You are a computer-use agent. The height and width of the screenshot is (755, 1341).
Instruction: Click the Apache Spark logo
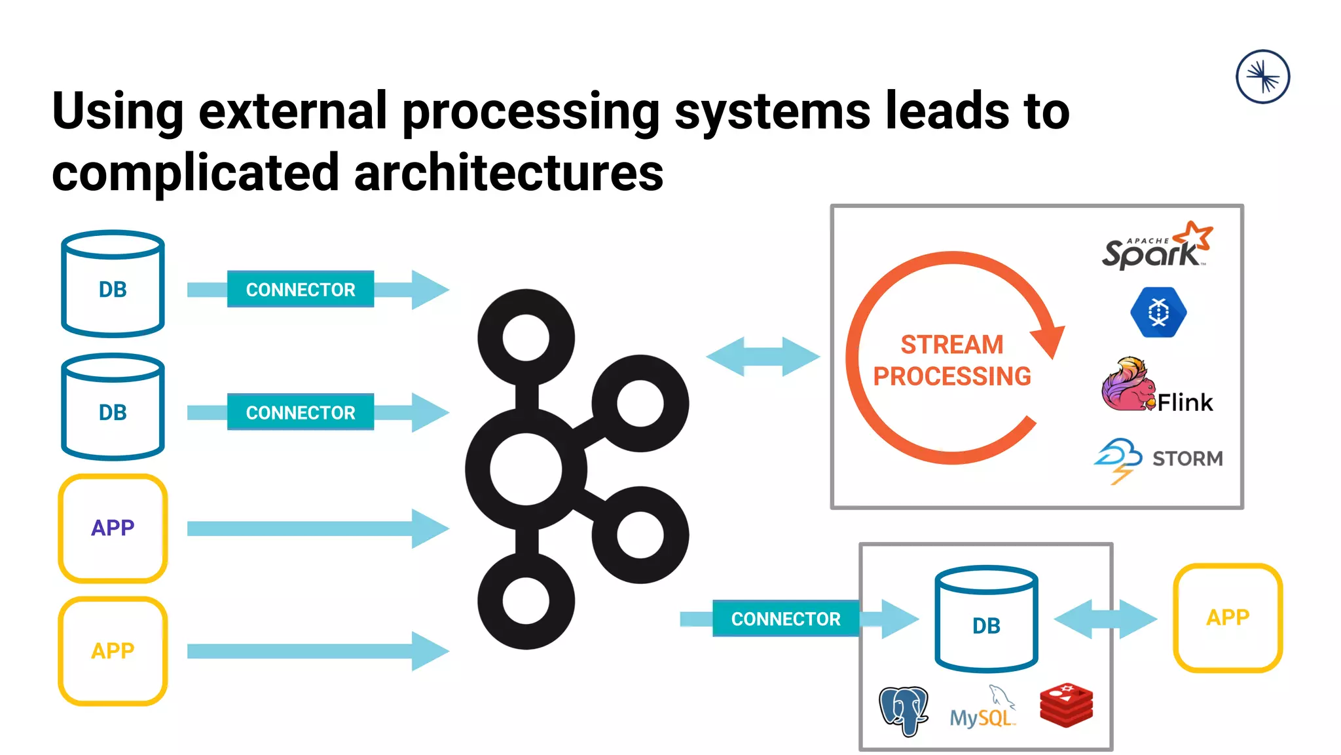[x=1156, y=248]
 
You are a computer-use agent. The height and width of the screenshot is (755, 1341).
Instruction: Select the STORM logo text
[x=1186, y=458]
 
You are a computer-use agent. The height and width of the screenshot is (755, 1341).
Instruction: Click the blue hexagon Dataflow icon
[x=1158, y=312]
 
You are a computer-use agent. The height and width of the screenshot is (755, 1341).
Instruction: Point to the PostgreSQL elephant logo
[x=904, y=710]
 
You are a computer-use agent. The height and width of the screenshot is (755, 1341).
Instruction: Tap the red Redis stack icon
[x=1066, y=705]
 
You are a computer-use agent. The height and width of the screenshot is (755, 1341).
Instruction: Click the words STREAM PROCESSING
[x=951, y=360]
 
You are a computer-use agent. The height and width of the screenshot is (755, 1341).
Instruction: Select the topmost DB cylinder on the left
[x=113, y=283]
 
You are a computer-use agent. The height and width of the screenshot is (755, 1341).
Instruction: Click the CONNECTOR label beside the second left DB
[x=301, y=412]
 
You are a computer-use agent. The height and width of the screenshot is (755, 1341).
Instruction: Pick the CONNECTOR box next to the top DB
[x=301, y=289]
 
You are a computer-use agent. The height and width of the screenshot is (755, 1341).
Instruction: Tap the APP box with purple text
[x=113, y=528]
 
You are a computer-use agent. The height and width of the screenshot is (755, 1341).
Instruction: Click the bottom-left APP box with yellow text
[x=113, y=651]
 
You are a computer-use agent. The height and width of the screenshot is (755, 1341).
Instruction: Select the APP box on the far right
[x=1228, y=617]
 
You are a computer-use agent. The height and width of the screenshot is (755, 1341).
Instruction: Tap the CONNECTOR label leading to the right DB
[x=785, y=619]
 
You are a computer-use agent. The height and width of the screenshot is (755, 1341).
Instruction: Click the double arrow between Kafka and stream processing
[x=763, y=357]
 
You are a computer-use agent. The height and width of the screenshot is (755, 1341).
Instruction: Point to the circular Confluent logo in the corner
[x=1262, y=77]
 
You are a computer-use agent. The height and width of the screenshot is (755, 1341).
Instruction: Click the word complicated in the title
[x=195, y=173]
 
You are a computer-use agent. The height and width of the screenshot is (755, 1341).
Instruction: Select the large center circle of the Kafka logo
[x=526, y=469]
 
